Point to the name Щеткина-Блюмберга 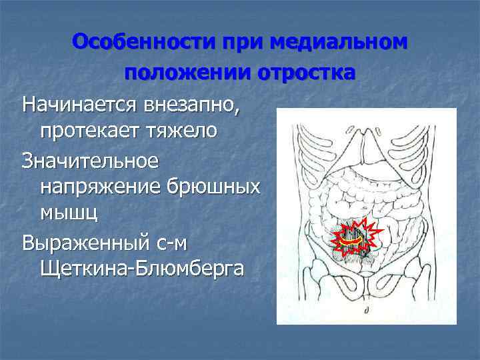(x=142, y=269)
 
